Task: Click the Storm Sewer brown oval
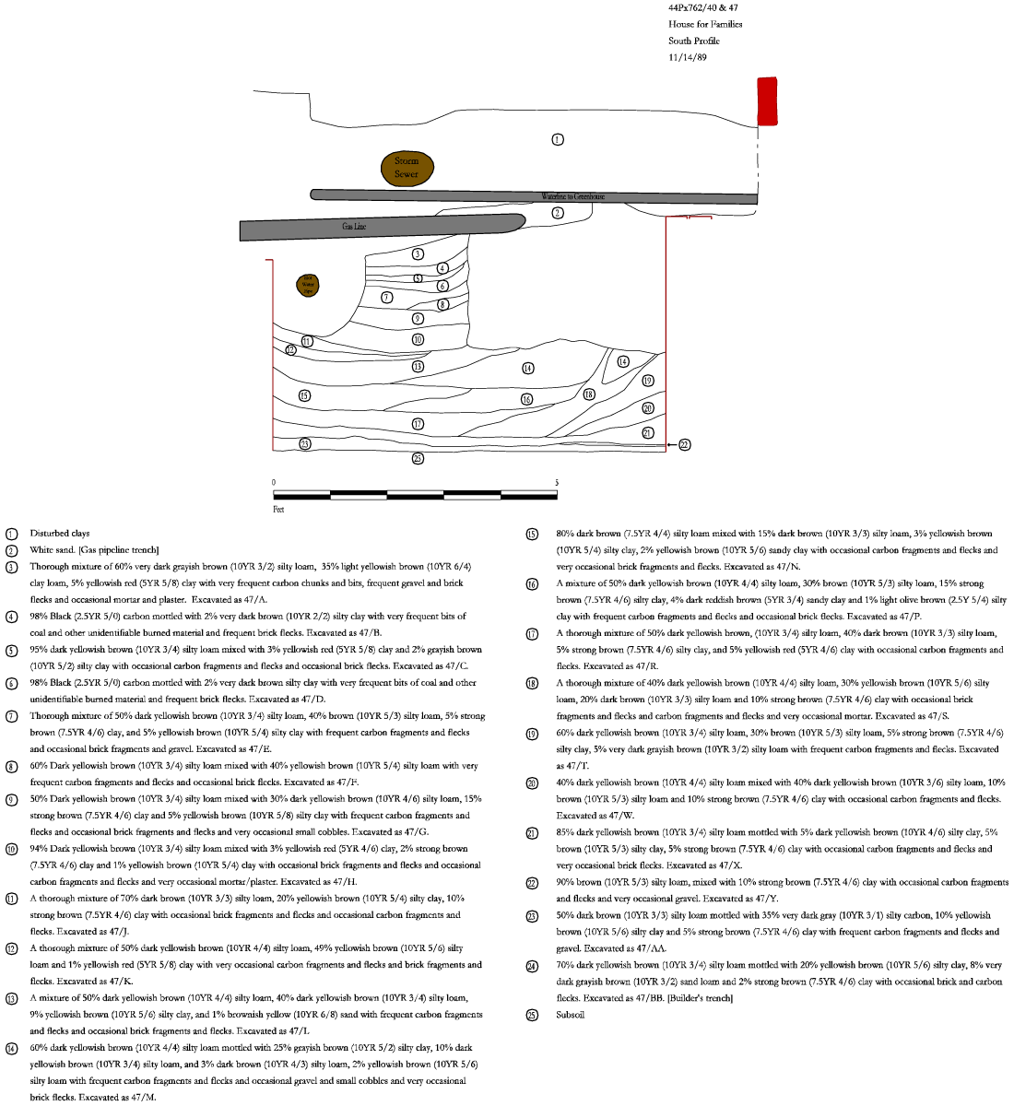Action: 407,167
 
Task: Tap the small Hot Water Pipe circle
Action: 308,285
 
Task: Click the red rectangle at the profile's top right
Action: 767,100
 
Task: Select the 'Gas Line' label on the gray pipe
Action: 354,227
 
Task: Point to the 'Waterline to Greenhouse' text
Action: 572,196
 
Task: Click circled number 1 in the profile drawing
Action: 558,139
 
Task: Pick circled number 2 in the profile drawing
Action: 557,213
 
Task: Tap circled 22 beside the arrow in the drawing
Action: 684,445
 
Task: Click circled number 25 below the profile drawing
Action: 418,458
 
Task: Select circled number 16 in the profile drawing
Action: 526,399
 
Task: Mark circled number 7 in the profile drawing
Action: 387,297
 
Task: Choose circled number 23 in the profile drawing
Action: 305,443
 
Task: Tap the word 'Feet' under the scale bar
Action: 279,508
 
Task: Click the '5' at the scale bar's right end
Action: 556,483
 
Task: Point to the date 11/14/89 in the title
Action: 688,57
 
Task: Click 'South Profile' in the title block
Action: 694,41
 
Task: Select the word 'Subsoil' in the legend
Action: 571,1015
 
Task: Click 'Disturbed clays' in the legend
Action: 60,534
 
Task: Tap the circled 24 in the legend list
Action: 532,965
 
